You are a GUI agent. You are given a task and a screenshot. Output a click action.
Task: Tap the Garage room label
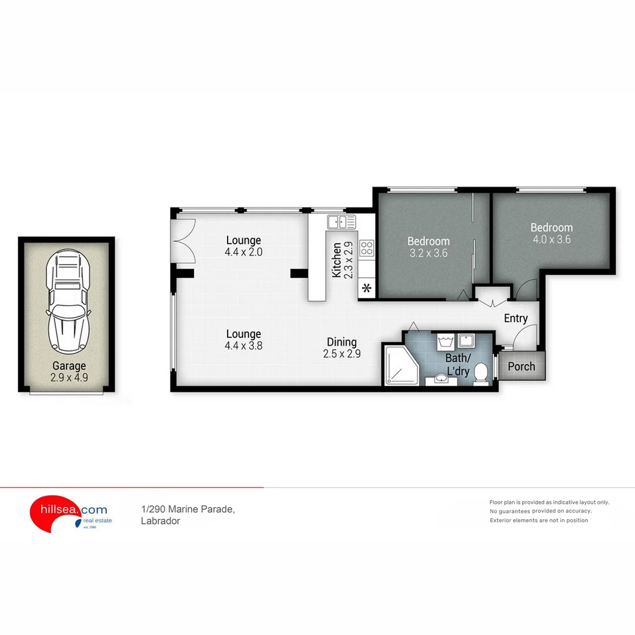point(69,366)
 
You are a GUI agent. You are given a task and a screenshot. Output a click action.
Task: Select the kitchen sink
point(341,222)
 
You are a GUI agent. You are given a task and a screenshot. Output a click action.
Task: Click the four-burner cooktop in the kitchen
point(367,248)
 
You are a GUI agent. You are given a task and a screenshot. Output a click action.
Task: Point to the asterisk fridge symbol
point(367,289)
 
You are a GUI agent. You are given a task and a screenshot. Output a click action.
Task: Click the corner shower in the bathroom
point(400,365)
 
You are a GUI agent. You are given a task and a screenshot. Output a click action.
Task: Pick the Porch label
point(522,366)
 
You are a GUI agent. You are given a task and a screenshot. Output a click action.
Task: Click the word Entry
point(516,318)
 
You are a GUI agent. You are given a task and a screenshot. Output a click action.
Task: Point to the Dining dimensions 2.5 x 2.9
point(342,353)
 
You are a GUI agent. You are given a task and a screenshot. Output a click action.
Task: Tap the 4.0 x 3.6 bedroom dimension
point(552,239)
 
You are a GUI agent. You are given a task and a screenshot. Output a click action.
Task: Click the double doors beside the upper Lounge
point(182,241)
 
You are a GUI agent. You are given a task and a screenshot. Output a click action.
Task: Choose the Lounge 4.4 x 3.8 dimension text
point(243,346)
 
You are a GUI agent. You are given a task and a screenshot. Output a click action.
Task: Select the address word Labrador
point(161,521)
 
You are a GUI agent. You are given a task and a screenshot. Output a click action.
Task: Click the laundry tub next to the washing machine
point(467,340)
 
